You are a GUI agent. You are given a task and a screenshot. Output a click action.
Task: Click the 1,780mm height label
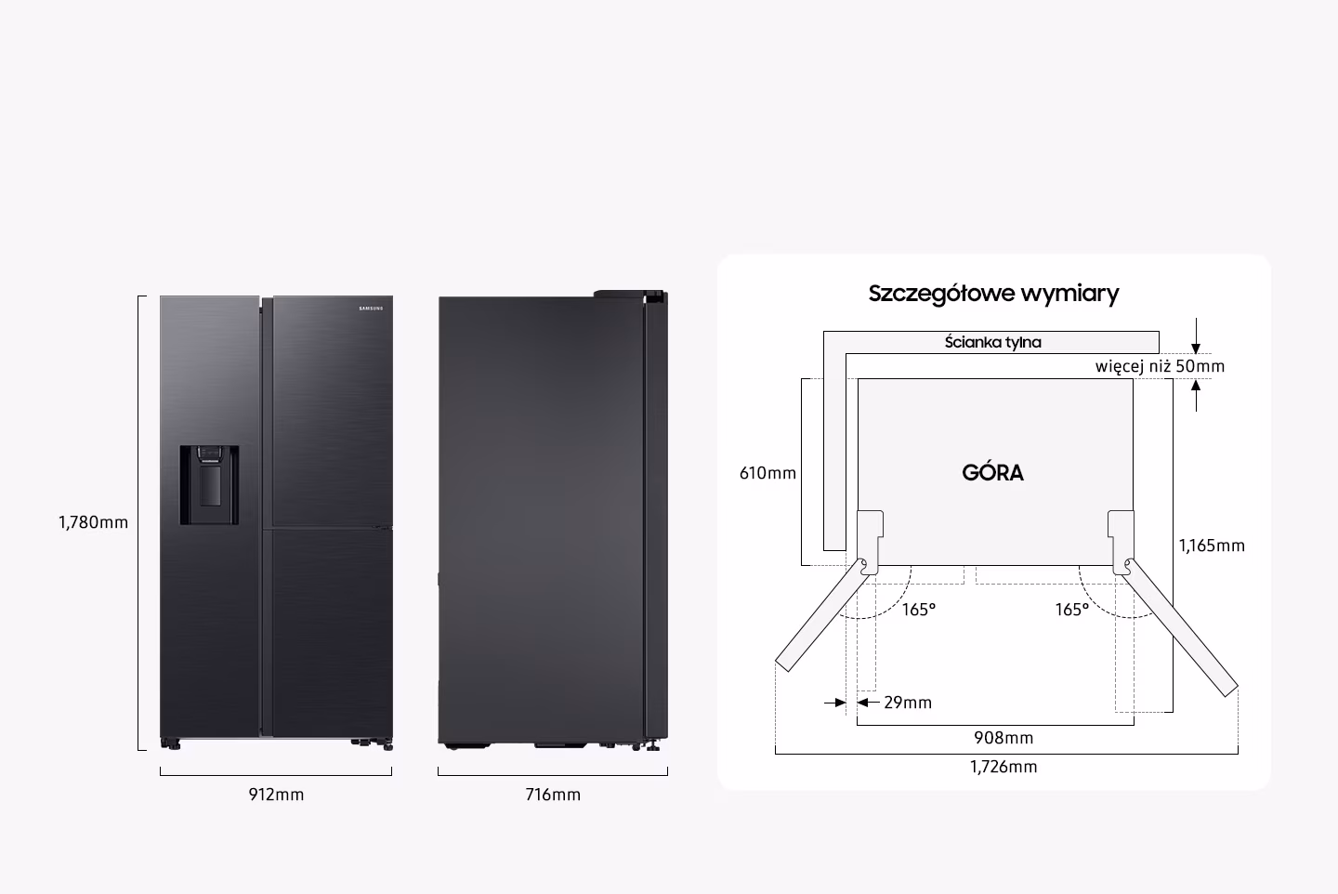click(x=93, y=522)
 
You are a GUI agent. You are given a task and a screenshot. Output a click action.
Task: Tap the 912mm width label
click(x=276, y=795)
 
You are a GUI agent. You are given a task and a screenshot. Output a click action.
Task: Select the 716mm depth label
click(x=552, y=795)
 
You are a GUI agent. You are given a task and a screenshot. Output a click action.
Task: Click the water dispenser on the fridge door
click(x=209, y=484)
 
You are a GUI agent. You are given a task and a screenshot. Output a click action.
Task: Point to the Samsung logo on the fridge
click(x=370, y=309)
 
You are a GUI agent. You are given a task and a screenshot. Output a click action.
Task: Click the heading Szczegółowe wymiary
click(x=993, y=294)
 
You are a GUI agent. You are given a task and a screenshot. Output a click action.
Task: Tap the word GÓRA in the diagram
click(x=992, y=473)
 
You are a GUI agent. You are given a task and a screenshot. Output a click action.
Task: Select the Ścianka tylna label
click(x=992, y=342)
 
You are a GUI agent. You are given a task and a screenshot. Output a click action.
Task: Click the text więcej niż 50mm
click(x=1160, y=366)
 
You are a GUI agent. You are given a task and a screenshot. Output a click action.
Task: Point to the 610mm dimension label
click(x=767, y=473)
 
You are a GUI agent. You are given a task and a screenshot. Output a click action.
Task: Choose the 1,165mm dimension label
click(x=1212, y=546)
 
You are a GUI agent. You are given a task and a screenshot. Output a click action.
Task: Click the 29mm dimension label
click(x=907, y=703)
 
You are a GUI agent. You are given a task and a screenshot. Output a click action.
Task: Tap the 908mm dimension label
click(x=1003, y=738)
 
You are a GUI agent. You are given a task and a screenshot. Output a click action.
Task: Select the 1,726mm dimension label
click(x=1003, y=767)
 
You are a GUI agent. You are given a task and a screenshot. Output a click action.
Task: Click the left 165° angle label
click(x=919, y=610)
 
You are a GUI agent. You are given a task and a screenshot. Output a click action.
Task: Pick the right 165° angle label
click(x=1071, y=610)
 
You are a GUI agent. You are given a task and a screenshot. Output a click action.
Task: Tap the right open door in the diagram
click(x=1181, y=624)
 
